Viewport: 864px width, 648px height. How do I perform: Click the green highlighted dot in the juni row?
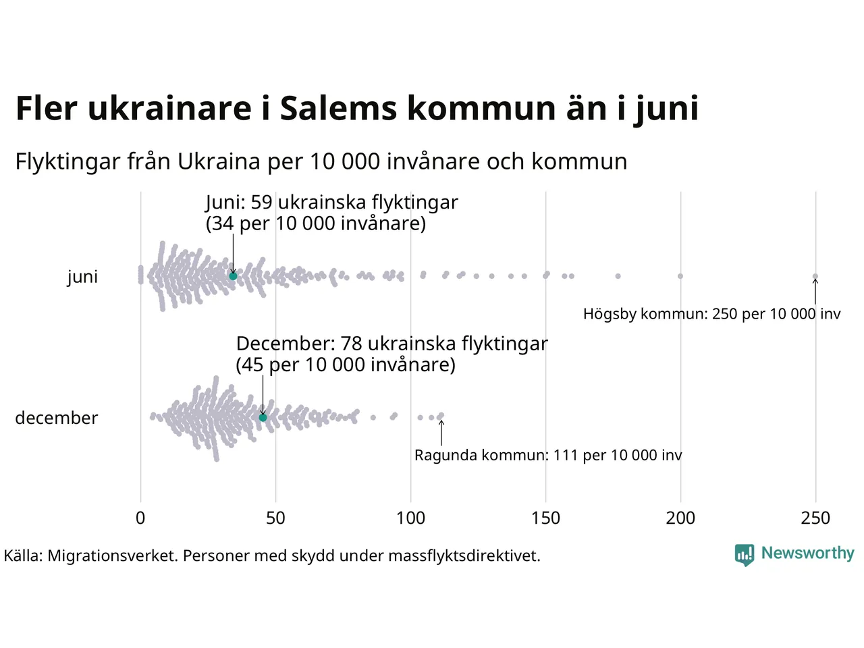pos(233,276)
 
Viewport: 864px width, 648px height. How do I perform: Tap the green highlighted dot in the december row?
pos(263,418)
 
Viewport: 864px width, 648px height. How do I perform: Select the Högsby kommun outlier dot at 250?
pos(815,276)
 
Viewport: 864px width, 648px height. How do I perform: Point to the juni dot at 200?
pos(680,276)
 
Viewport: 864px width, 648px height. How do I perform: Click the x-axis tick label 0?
pos(140,518)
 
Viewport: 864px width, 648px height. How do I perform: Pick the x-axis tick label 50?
pos(275,518)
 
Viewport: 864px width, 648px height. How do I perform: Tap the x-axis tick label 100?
pos(410,518)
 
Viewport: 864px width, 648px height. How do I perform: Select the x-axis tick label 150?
pos(545,518)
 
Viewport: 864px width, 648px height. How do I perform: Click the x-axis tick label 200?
pos(680,518)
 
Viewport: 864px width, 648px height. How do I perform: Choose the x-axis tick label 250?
pos(815,518)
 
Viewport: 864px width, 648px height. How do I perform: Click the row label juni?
pos(82,277)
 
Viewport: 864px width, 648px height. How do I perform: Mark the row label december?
pos(56,418)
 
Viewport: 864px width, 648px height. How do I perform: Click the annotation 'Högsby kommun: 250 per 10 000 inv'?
pos(711,314)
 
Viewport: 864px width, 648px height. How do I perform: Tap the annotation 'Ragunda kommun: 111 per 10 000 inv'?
pos(548,456)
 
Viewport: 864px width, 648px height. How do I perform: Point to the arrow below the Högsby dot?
pos(815,292)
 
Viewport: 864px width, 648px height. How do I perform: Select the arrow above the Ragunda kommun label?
pos(441,433)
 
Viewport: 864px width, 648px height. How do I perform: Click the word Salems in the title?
pos(338,109)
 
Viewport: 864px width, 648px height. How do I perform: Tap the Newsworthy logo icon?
pos(744,555)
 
